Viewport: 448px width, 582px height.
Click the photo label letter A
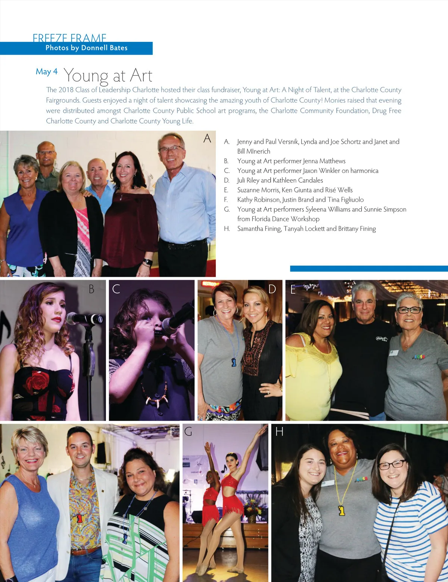[x=207, y=139]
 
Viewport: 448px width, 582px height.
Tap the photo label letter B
[x=91, y=289]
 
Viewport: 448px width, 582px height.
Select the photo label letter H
[x=279, y=432]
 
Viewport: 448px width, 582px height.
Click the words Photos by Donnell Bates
[x=87, y=48]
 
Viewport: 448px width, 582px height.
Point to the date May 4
[x=47, y=71]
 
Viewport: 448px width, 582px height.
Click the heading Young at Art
[x=108, y=76]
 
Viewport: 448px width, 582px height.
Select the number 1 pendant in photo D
[x=234, y=362]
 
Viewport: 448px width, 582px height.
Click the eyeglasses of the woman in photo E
[x=409, y=310]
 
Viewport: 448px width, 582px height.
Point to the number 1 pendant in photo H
[x=342, y=510]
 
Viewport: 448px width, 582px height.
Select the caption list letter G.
[x=227, y=210]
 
